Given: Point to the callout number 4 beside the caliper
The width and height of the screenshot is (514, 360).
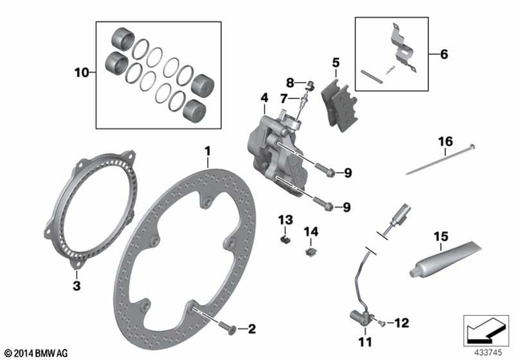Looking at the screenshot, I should pos(263,99).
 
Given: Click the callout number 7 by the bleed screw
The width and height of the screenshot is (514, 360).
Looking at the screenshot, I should pos(283,98).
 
